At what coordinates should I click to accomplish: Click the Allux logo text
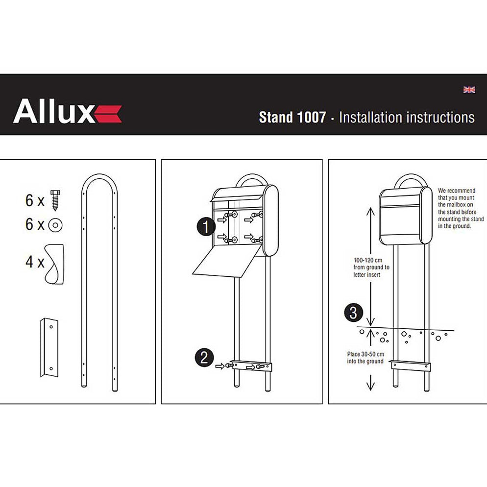point(53,111)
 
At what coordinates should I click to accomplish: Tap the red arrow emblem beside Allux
point(108,114)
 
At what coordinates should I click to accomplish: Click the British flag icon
point(469,90)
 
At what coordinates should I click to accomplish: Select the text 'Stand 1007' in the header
point(292,118)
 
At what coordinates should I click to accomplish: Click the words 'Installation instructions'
point(407,118)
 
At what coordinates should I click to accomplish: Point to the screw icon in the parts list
point(55,199)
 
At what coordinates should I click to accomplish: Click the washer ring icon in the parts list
point(55,225)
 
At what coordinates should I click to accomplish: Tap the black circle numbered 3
point(354,313)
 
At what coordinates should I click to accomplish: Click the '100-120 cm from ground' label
point(371,268)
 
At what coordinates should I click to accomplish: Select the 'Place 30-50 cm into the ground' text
point(365,357)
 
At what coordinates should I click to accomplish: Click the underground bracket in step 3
point(411,364)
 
